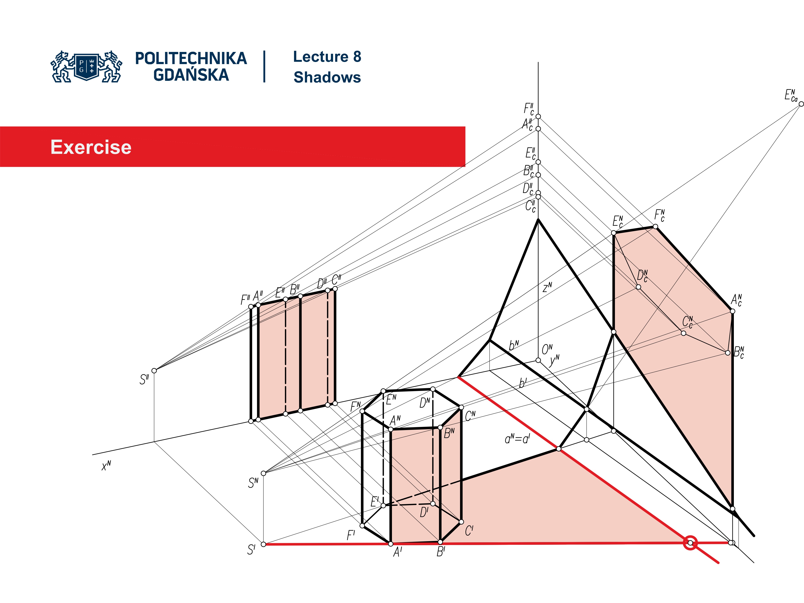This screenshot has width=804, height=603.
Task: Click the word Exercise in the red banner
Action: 91,147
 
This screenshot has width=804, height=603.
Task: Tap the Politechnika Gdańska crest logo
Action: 86,67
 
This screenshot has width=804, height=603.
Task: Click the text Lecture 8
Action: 327,57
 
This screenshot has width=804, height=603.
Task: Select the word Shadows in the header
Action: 327,77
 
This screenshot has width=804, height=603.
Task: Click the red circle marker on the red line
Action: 690,543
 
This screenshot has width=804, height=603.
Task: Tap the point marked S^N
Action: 264,473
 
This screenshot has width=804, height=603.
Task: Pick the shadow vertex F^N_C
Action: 655,227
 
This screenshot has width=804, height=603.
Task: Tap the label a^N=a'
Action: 517,439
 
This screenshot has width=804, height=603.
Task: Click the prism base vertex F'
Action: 362,526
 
